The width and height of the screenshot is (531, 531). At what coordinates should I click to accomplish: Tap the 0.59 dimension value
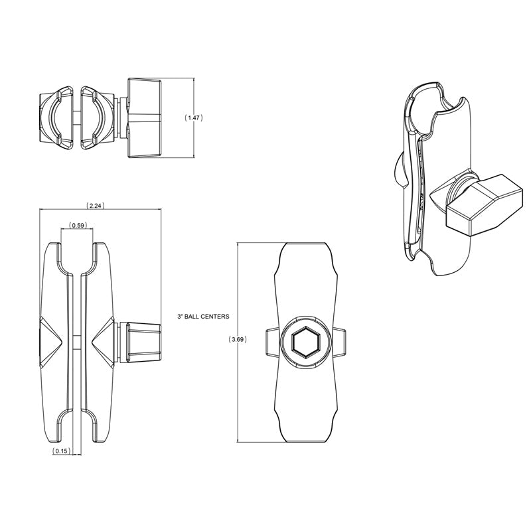(x=77, y=225)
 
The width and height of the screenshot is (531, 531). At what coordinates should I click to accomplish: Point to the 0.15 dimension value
(x=61, y=451)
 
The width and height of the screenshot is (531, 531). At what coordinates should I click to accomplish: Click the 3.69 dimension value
(x=238, y=340)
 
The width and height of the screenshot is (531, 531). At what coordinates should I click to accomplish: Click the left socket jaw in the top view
(x=56, y=117)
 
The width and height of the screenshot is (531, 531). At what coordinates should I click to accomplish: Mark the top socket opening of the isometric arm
(x=437, y=100)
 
